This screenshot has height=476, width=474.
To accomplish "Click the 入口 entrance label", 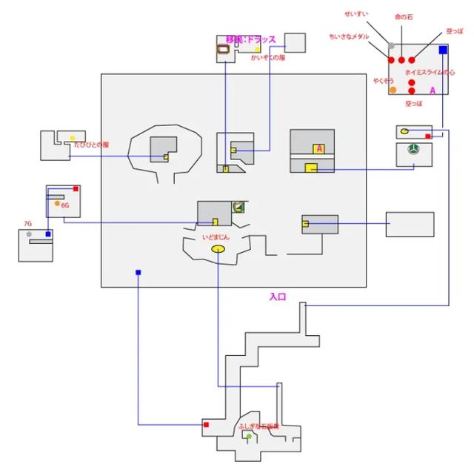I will pyautogui.click(x=278, y=297).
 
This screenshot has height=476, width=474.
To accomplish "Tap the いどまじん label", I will pyautogui.click(x=216, y=237).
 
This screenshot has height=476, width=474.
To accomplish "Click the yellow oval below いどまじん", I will pyautogui.click(x=218, y=249).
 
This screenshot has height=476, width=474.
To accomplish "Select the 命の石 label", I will pyautogui.click(x=404, y=16).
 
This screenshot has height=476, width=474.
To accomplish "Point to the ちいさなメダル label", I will pyautogui.click(x=349, y=36).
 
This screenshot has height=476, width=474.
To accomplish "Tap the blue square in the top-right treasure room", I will pyautogui.click(x=443, y=50).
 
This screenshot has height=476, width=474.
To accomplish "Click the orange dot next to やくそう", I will pyautogui.click(x=393, y=90).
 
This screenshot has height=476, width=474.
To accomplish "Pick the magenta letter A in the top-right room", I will pyautogui.click(x=433, y=90).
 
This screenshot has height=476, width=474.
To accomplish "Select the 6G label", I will pyautogui.click(x=65, y=205).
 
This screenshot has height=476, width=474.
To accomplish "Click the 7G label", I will pyautogui.click(x=27, y=223).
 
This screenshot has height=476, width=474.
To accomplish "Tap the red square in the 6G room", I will pyautogui.click(x=75, y=188).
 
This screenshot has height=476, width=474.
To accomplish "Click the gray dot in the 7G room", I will pyautogui.click(x=29, y=234).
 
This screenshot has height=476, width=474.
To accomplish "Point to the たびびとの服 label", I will pyautogui.click(x=92, y=145).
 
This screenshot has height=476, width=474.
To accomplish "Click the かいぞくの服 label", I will pyautogui.click(x=267, y=57).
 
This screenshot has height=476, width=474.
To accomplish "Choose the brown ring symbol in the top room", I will pyautogui.click(x=221, y=50).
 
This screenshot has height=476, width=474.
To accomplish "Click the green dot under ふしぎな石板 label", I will pyautogui.click(x=249, y=437).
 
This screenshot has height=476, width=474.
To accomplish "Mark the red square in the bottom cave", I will pyautogui.click(x=206, y=425).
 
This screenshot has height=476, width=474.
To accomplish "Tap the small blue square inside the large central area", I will pyautogui.click(x=138, y=272).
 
